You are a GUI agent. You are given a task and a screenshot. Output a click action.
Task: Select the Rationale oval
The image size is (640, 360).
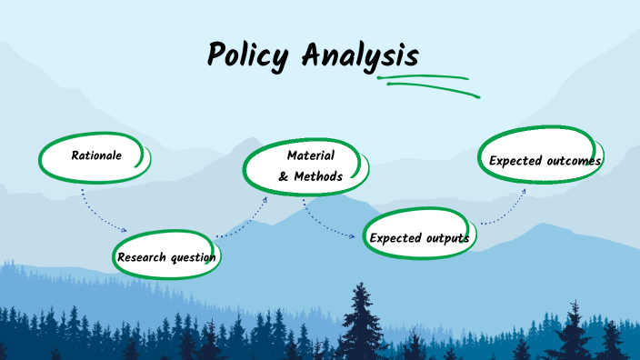pos(95,156)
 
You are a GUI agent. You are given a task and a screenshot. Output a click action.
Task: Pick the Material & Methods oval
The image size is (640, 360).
pos(310,165)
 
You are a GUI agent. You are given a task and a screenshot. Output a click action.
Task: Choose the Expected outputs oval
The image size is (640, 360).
pos(419,237)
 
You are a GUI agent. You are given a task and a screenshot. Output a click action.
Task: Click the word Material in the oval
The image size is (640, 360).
pos(310,155)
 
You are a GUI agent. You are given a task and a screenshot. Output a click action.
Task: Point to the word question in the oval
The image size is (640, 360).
pos(193,257)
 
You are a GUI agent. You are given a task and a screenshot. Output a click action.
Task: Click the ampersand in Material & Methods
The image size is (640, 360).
pos(284,176)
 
